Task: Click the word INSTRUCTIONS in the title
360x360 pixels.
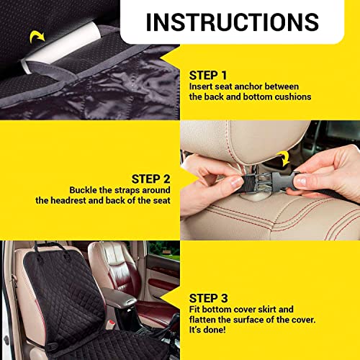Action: [232, 22]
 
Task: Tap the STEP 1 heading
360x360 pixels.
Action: [210, 74]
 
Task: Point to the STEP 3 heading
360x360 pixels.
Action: [210, 297]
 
